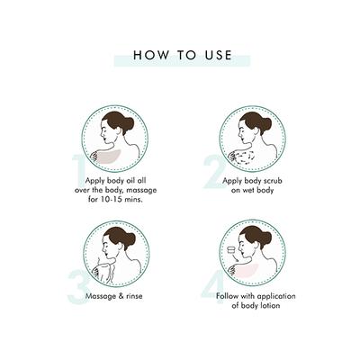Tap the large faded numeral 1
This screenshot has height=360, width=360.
point(79,170)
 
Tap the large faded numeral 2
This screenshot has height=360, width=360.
point(214,172)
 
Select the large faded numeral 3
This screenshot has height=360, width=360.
point(77,287)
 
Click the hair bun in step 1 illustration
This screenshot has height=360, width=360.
point(129,123)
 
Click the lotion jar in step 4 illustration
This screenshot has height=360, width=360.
point(232,250)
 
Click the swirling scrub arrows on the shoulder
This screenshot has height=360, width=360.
point(246,157)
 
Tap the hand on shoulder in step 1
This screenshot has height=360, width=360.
point(95,157)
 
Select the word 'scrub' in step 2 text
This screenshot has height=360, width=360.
point(272,181)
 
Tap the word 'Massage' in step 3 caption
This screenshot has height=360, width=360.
point(101,296)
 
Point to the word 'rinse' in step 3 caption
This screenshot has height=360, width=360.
point(134,296)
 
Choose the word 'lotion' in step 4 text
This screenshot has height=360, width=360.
point(269,306)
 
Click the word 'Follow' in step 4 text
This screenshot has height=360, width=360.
point(227,296)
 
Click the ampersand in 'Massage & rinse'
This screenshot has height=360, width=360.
point(121,296)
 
